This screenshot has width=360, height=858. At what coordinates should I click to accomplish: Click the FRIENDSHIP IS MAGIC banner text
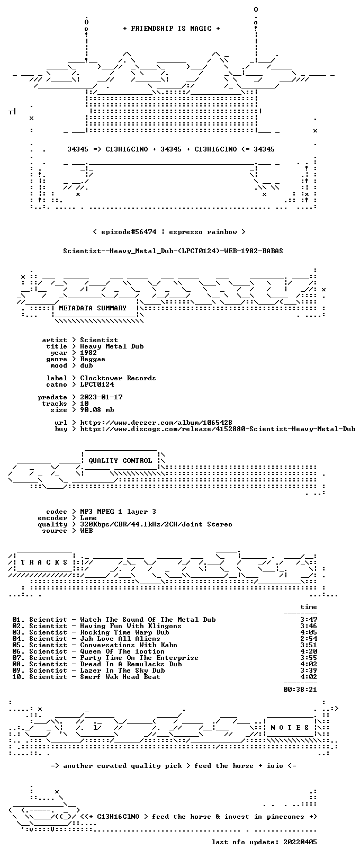[172, 29]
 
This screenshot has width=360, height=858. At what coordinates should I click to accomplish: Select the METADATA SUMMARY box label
[93, 308]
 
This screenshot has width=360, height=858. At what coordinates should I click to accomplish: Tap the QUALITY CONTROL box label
[120, 460]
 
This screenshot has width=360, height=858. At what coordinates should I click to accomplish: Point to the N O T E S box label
[290, 727]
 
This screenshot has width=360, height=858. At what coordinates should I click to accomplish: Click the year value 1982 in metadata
[88, 352]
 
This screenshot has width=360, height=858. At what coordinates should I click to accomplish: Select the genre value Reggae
[93, 359]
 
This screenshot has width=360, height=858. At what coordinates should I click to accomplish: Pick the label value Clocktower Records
[118, 378]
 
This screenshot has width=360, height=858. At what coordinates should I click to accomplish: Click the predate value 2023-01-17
[102, 397]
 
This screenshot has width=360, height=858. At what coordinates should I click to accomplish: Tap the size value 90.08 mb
[97, 410]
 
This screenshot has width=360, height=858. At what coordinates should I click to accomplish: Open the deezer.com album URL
[156, 423]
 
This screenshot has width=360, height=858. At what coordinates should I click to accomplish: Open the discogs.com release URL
[218, 429]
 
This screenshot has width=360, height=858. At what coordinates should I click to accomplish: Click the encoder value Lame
[88, 518]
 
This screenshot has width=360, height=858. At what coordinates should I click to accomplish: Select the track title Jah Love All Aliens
[120, 639]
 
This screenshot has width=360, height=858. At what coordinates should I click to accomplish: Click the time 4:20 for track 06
[309, 651]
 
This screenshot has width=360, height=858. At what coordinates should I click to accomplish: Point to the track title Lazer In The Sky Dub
[122, 671]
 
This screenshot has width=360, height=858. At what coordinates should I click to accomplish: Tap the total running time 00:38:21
[300, 690]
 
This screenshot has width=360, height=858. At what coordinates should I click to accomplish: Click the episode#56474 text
[129, 232]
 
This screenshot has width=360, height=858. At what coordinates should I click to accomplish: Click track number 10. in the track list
[19, 677]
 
